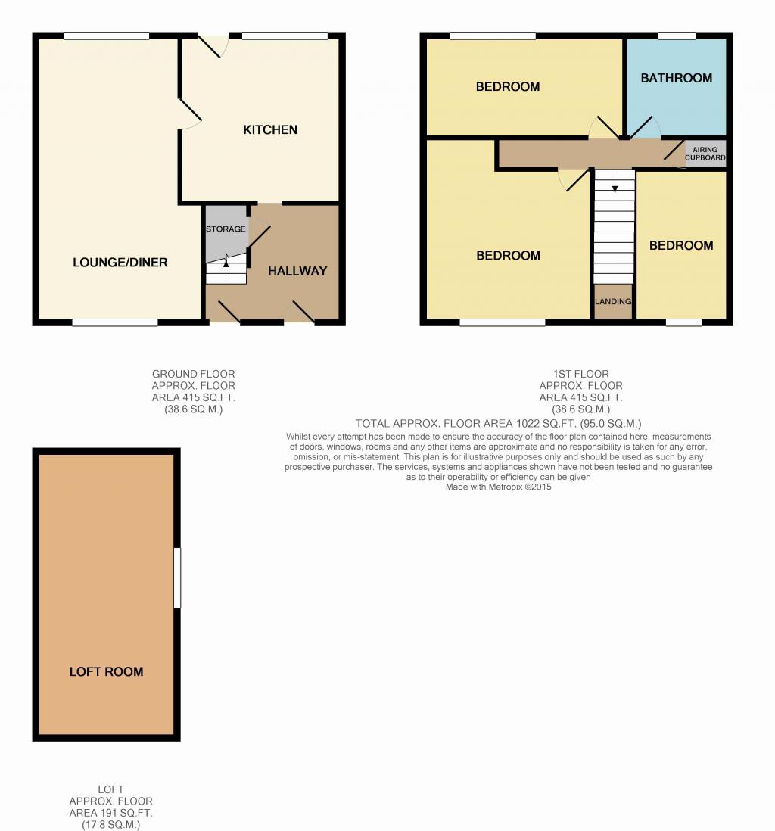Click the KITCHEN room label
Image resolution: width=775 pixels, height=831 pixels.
click(270, 130)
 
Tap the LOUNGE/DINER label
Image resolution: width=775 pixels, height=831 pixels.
click(120, 263)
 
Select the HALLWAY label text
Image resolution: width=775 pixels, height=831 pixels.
click(297, 272)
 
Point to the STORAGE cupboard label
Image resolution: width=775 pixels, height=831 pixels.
click(226, 229)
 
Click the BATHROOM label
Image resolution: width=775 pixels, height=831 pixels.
click(677, 79)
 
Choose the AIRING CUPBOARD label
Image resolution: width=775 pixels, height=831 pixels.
click(705, 154)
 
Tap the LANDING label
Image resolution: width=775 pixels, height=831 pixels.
click(613, 301)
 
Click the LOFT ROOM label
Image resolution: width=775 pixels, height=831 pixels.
click(107, 672)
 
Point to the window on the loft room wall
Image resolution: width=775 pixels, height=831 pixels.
click(178, 577)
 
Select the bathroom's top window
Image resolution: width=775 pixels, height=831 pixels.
click(677, 36)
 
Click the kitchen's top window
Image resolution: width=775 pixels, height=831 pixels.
click(285, 36)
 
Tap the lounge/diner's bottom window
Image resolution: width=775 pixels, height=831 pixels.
click(115, 322)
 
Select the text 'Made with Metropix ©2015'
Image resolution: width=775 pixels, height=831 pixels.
click(498, 487)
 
